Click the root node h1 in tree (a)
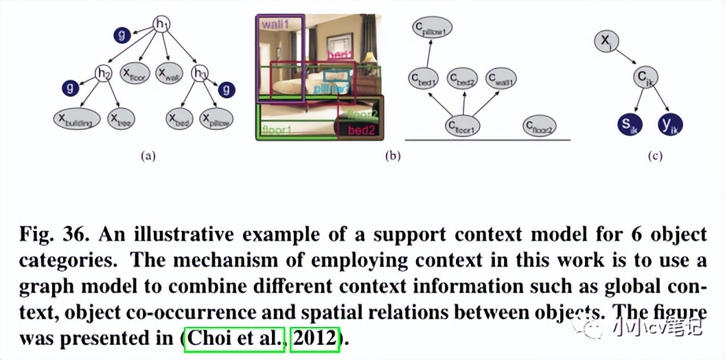coord(162,25)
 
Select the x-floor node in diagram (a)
coord(135,73)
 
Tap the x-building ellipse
coord(76,120)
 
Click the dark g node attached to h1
coord(122,34)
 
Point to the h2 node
coord(104,73)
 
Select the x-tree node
coord(121,120)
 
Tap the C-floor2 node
coord(539,126)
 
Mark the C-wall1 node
coord(501,80)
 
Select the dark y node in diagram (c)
coord(667,124)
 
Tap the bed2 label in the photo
coord(360,130)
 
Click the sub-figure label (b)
coord(392,156)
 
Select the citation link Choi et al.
coord(234,338)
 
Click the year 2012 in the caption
coord(315,338)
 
